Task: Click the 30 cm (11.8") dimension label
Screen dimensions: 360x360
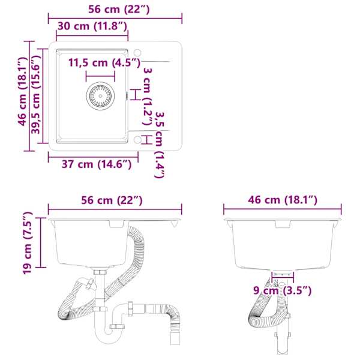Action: pos(92,26)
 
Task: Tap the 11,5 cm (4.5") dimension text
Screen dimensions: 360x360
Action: pos(104,62)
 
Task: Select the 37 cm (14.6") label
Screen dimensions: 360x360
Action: pos(97,164)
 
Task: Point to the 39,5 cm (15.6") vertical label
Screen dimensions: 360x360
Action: pos(36,95)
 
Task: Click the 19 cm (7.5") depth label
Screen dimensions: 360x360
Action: pos(28,243)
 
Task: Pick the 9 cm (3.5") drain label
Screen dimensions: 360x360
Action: pos(283,290)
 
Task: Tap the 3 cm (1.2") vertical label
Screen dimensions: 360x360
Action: pos(148,97)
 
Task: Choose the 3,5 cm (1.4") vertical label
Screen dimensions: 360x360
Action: pos(160,145)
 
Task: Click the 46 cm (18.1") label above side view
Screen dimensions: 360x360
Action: pos(283,200)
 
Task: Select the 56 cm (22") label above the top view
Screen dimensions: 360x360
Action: pos(119,10)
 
